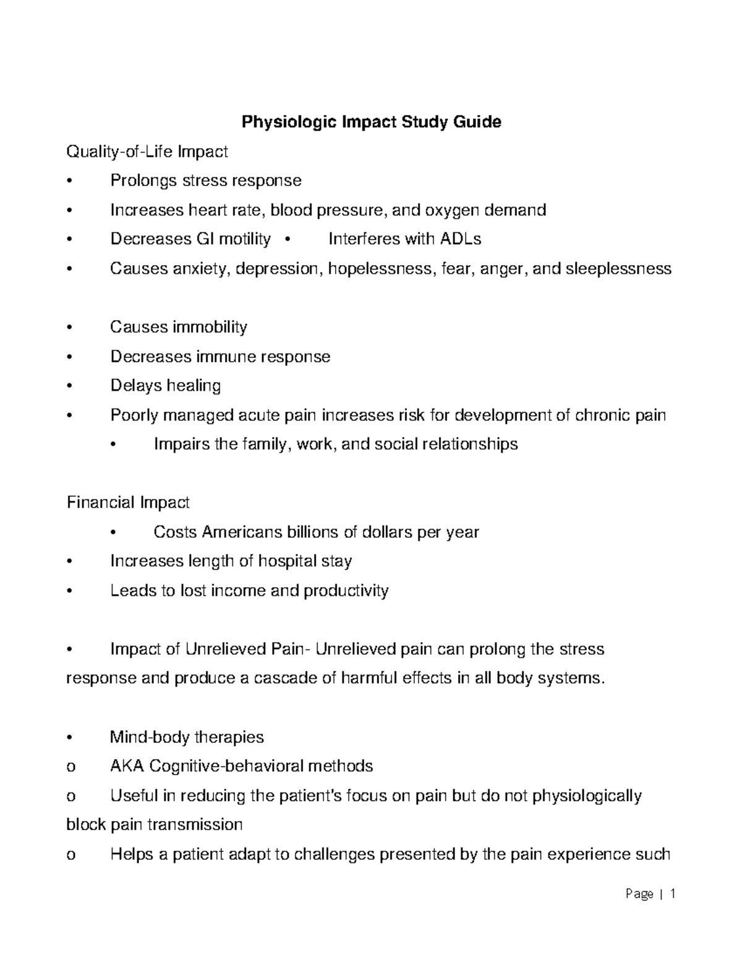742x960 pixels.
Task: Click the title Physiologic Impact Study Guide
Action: click(371, 122)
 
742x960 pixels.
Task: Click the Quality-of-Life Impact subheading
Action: click(147, 151)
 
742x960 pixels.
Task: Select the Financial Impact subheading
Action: click(128, 503)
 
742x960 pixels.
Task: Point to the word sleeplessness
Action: click(618, 269)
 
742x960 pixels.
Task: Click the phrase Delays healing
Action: click(165, 386)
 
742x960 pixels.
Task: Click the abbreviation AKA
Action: click(127, 767)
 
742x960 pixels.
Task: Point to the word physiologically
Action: click(587, 796)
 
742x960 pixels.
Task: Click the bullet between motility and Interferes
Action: click(288, 239)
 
